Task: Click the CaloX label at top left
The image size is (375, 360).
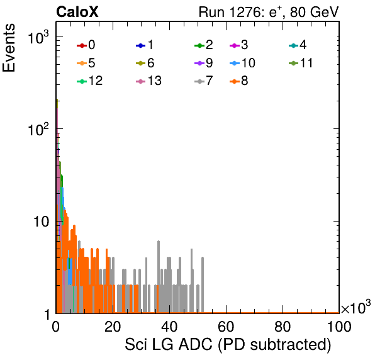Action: click(x=77, y=12)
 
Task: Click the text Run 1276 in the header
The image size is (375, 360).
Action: click(x=230, y=12)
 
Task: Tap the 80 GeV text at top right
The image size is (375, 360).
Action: click(x=315, y=12)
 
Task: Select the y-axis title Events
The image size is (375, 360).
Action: click(x=9, y=48)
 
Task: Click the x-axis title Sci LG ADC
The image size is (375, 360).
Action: click(x=169, y=344)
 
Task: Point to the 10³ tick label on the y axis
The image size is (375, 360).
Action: click(x=38, y=37)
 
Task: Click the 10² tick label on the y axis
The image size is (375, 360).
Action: click(x=38, y=129)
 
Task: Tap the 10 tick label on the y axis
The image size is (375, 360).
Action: click(x=42, y=222)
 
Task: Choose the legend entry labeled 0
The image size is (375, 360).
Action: click(x=86, y=45)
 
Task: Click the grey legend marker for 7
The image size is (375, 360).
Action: click(x=199, y=81)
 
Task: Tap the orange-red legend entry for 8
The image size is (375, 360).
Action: click(x=238, y=81)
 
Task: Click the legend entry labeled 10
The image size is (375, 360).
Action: click(x=242, y=63)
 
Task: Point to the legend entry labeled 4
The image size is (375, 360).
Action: click(x=298, y=45)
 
